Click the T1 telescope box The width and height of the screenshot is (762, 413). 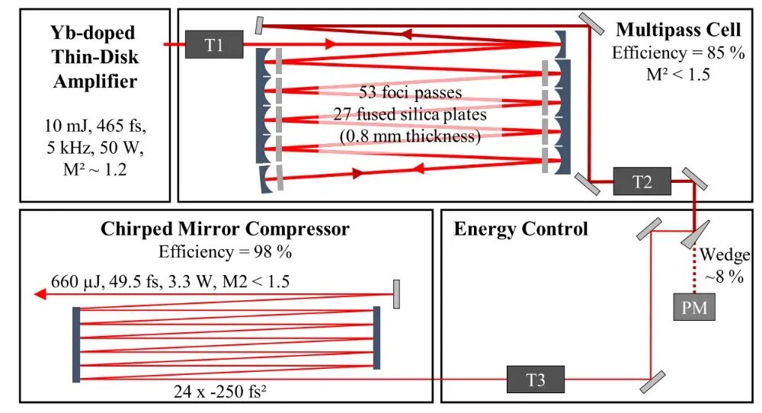(x=213, y=45)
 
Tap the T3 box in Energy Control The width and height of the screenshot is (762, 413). (x=536, y=378)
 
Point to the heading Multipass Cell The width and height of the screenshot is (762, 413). (x=677, y=30)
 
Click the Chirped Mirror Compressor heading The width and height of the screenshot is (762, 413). (x=225, y=229)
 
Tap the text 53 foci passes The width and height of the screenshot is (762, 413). (x=411, y=93)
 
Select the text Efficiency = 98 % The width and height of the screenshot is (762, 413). (x=226, y=251)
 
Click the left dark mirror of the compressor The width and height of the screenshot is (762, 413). (x=75, y=344)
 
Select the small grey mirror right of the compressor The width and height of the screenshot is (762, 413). (x=396, y=293)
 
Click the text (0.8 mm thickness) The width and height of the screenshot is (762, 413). (x=411, y=136)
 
